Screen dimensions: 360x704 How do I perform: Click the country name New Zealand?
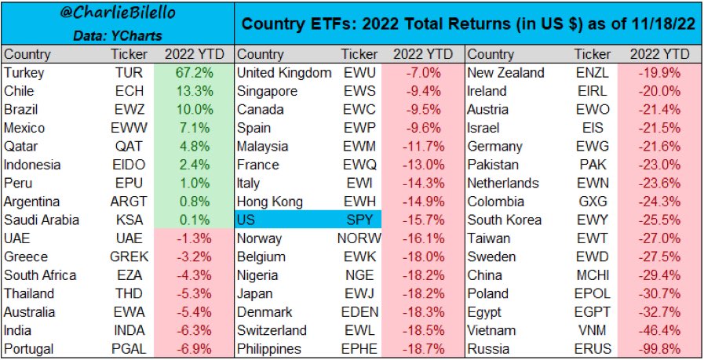point(505,73)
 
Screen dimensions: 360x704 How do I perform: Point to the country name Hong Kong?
point(269,202)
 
